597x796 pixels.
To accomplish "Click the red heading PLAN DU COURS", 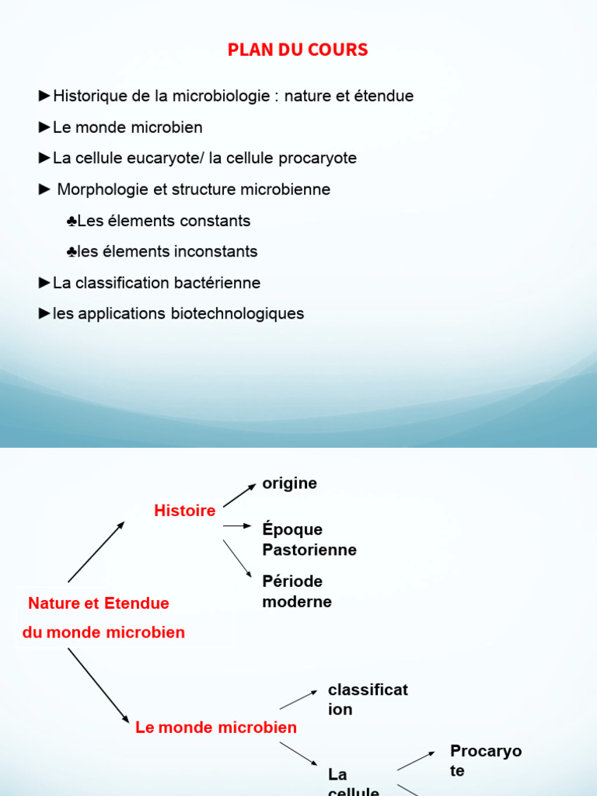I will tap(298, 51).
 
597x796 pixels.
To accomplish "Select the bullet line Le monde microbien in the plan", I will tap(127, 127).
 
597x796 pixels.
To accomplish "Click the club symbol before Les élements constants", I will tap(72, 222).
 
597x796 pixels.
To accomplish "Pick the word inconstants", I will tap(216, 252).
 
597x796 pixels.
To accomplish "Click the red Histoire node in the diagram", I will tap(185, 511).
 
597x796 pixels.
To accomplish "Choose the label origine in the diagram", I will tap(290, 484).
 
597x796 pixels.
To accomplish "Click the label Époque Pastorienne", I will tap(309, 539).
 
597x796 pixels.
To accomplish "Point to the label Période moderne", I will tap(297, 591).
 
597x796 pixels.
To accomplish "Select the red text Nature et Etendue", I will tap(99, 603).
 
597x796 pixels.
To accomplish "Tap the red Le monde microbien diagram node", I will tap(216, 728).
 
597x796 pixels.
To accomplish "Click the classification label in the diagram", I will tap(368, 699).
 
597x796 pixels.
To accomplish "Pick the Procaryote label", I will tap(486, 760).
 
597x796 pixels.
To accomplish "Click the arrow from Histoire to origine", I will tap(239, 495).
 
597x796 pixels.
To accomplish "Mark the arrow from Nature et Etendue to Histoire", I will tap(96, 552).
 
